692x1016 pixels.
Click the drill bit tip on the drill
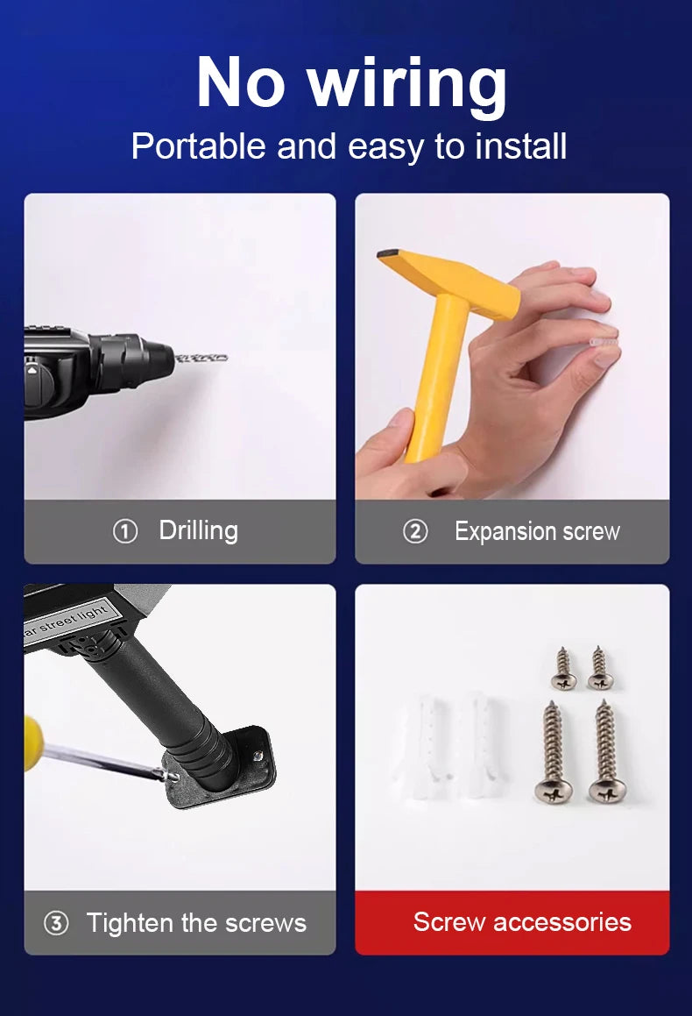coord(224,357)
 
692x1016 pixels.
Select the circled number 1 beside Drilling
coord(125,531)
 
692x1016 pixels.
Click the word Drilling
coord(199,531)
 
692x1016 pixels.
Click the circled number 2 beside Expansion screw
coord(415,531)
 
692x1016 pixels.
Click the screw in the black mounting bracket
coord(258,756)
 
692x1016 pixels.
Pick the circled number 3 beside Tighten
coord(56,923)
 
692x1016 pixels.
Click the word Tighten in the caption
coord(131,923)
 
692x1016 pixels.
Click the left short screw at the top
coord(564,669)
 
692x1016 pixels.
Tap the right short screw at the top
coord(600,668)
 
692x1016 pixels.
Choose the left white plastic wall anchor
coord(423,739)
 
